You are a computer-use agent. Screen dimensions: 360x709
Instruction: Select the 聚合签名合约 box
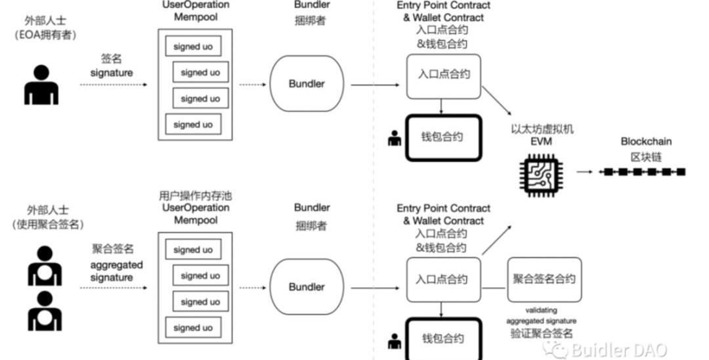click(544, 279)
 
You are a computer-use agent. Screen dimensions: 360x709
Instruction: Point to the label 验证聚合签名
click(542, 333)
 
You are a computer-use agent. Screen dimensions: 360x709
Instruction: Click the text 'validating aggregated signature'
click(542, 315)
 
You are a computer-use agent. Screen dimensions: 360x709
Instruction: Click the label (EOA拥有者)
click(45, 35)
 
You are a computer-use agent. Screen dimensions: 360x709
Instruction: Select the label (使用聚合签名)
click(45, 224)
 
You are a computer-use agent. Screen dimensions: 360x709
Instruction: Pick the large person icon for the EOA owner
click(41, 85)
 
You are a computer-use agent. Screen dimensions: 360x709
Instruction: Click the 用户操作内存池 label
click(195, 196)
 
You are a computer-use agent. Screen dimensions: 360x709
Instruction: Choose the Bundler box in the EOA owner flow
click(307, 83)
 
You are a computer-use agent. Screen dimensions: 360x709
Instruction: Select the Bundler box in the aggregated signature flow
click(307, 287)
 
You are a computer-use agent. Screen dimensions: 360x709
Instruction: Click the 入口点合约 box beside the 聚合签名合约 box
click(443, 279)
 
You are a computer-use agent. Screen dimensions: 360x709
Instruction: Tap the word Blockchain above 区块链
click(646, 141)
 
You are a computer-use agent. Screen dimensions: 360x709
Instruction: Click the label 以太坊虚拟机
click(542, 129)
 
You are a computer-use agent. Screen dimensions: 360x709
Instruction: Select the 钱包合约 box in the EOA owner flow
click(443, 137)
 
